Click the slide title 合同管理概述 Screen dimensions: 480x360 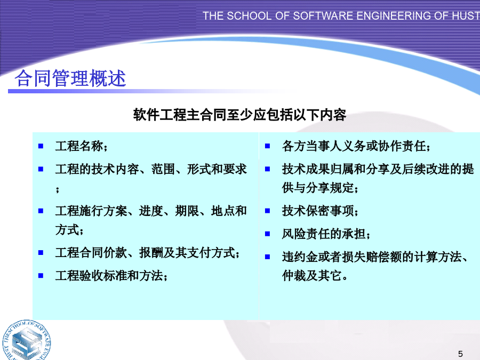pyautogui.click(x=70, y=78)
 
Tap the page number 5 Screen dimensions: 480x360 pyautogui.click(x=460, y=354)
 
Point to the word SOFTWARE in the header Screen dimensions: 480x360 pyautogui.click(x=323, y=16)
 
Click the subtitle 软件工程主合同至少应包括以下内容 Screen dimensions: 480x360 pyautogui.click(x=239, y=115)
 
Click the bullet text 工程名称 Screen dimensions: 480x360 pyautogui.click(x=79, y=146)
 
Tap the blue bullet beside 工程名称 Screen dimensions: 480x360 pyautogui.click(x=41, y=146)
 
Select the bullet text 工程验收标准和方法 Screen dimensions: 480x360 pyautogui.click(x=109, y=276)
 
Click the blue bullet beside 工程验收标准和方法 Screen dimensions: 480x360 pyautogui.click(x=41, y=276)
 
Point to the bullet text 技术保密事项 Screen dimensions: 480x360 pyautogui.click(x=318, y=211)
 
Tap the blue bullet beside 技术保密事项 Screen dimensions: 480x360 pyautogui.click(x=268, y=211)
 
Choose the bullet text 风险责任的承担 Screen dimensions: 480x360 pyautogui.click(x=324, y=234)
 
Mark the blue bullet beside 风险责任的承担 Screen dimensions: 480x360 pyautogui.click(x=268, y=234)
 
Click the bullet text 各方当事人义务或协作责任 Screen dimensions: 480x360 pyautogui.click(x=354, y=146)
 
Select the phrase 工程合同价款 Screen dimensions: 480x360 pyautogui.click(x=91, y=253)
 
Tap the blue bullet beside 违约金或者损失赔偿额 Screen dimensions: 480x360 pyautogui.click(x=268, y=257)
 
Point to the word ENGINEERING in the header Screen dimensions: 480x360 pyautogui.click(x=401, y=16)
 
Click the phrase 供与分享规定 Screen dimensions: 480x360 pyautogui.click(x=318, y=188)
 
